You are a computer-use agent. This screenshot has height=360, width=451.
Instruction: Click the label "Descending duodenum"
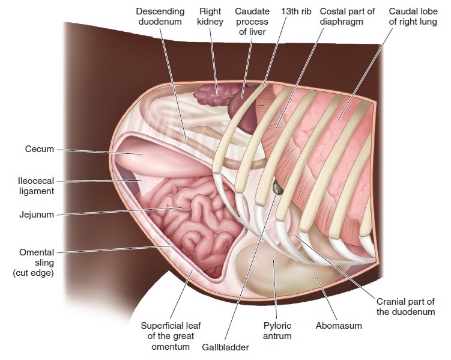tap(160, 16)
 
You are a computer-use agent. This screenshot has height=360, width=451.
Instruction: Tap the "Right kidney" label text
tap(210, 16)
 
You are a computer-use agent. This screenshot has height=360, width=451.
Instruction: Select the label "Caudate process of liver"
tap(252, 22)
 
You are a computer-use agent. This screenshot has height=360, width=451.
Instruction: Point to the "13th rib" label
tap(296, 11)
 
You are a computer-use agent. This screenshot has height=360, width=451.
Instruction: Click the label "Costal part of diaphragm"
tap(347, 16)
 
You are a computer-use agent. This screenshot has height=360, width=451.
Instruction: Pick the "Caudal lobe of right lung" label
tap(413, 16)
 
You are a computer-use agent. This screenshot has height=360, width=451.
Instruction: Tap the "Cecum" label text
tap(40, 149)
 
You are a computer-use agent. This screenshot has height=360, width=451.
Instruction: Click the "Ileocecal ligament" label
tap(36, 186)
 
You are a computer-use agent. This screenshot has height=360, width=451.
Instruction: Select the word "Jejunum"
tap(37, 215)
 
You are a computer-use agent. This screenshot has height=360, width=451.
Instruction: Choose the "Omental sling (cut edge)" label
tap(34, 263)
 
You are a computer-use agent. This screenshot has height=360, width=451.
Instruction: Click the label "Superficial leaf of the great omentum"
tap(171, 336)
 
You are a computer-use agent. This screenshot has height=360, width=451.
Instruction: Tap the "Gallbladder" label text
tap(225, 347)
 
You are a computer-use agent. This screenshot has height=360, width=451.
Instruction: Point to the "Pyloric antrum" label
tap(277, 331)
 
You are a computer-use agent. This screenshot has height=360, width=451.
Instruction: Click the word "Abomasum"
tap(339, 326)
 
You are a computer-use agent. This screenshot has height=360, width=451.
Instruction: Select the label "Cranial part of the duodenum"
tap(405, 307)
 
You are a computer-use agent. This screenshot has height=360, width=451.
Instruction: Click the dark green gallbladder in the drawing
tap(277, 188)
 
